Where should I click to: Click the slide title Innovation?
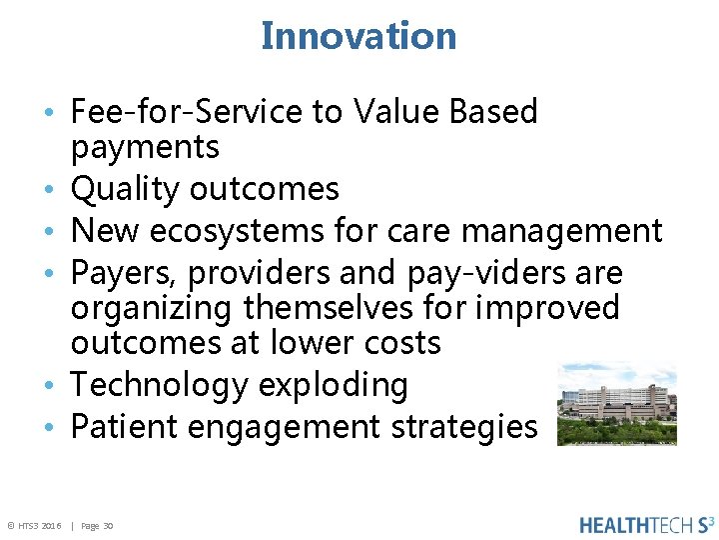359,36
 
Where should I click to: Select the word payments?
145,147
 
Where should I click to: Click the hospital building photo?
616,404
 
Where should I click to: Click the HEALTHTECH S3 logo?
646,524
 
